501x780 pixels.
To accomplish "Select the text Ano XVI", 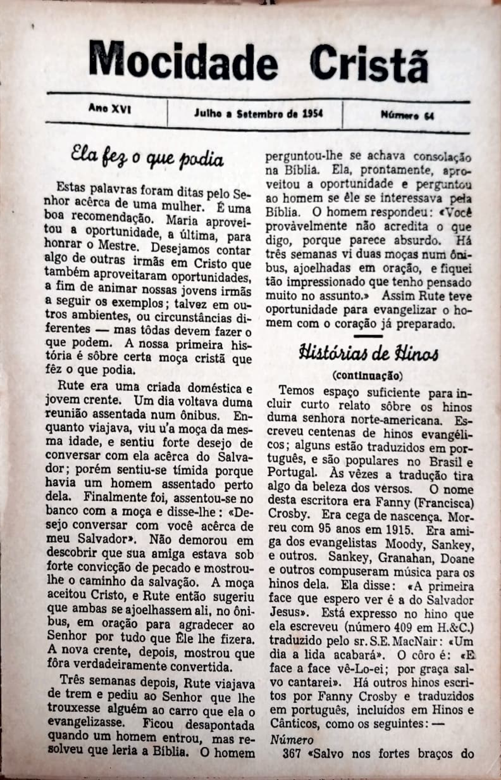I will pyautogui.click(x=110, y=109).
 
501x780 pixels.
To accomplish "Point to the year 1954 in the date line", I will pyautogui.click(x=312, y=113).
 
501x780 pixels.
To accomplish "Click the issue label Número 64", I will pyautogui.click(x=407, y=116).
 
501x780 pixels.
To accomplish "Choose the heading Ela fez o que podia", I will pyautogui.click(x=147, y=158).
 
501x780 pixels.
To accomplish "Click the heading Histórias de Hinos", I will pyautogui.click(x=369, y=354).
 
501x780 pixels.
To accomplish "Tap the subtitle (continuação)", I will pyautogui.click(x=367, y=376).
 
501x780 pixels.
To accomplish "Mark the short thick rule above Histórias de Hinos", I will pyautogui.click(x=368, y=336).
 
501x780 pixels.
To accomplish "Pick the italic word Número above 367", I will pyautogui.click(x=291, y=740).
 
